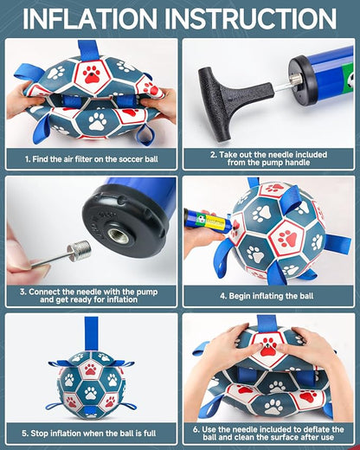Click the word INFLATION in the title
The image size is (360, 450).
pyautogui.click(x=90, y=18)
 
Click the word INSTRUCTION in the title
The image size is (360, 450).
pyautogui.click(x=251, y=18)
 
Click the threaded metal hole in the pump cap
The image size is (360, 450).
pyautogui.click(x=119, y=235)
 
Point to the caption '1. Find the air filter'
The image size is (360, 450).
pyautogui.click(x=92, y=159)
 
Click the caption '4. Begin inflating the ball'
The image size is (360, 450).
pyautogui.click(x=267, y=296)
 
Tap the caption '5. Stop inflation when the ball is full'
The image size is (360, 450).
pyautogui.click(x=89, y=433)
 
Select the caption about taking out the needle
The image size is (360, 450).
pyautogui.click(x=268, y=158)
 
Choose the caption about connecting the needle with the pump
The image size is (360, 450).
pyautogui.click(x=89, y=295)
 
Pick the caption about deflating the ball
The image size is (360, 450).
pyautogui.click(x=268, y=433)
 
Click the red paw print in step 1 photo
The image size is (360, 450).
pyautogui.click(x=92, y=74)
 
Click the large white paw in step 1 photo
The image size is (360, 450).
pyautogui.click(x=98, y=121)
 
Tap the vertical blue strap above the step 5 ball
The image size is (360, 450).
pyautogui.click(x=91, y=334)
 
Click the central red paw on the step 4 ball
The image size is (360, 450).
pyautogui.click(x=287, y=238)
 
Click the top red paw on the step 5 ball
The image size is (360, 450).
pyautogui.click(x=91, y=369)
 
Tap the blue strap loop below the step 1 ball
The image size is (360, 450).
pyautogui.click(x=145, y=135)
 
